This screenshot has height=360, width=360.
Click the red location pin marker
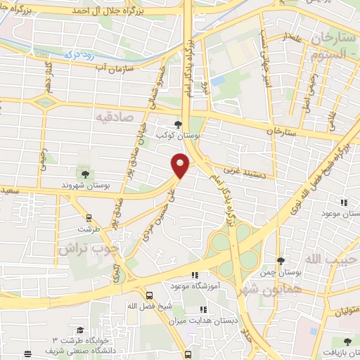[x=181, y=165]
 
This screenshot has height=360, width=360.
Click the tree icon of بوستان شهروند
[x=85, y=173]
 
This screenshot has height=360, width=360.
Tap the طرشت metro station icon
[x=89, y=219]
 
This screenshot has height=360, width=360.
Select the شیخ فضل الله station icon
[x=149, y=296]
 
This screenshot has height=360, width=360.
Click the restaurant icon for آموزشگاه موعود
[x=196, y=276]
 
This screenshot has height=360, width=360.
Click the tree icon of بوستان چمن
[x=281, y=261]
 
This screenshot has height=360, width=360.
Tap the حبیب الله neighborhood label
[x=333, y=259]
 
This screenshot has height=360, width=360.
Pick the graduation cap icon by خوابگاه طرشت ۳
[x=81, y=330]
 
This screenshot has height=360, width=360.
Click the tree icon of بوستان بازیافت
[x=347, y=341]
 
